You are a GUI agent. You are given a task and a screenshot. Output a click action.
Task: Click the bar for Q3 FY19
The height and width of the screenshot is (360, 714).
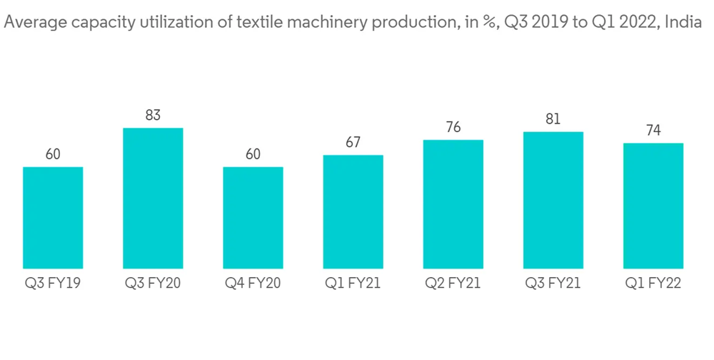[x=53, y=218]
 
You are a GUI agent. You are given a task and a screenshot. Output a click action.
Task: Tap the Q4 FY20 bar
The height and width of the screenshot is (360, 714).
[x=253, y=218]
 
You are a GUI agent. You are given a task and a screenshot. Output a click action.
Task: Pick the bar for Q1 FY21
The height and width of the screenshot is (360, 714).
[x=353, y=212]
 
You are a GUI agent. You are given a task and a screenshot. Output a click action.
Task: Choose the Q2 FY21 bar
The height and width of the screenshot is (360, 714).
[x=453, y=204]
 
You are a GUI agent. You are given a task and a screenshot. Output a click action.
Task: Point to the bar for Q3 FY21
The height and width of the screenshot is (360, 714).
[x=553, y=200]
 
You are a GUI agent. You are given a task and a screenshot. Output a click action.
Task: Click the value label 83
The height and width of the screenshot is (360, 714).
[x=153, y=114]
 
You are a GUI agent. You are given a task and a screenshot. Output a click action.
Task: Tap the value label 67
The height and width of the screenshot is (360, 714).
[x=353, y=142]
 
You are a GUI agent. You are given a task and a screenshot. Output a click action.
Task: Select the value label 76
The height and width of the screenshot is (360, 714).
[x=453, y=127]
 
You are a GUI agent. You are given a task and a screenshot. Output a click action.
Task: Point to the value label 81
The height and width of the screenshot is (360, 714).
[x=553, y=119]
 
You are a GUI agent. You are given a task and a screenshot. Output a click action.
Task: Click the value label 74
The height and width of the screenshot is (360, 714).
[x=653, y=130]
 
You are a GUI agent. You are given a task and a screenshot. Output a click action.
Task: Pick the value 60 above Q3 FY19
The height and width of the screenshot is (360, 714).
[x=53, y=154]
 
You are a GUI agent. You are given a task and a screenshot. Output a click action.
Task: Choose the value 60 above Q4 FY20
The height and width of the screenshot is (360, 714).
[x=253, y=154]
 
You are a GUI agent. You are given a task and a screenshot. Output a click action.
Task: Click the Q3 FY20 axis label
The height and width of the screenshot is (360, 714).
[x=153, y=284]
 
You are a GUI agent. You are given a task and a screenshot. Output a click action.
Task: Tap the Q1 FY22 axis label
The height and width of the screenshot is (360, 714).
[x=653, y=284]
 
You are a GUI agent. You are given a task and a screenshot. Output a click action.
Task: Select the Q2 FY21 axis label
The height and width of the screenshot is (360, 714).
[x=453, y=284]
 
